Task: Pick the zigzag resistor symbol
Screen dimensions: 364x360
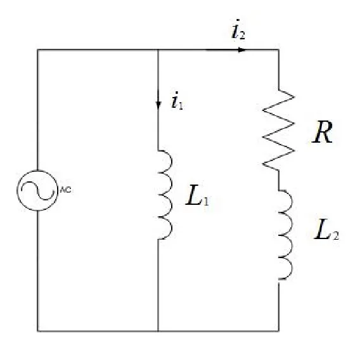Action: tap(279, 129)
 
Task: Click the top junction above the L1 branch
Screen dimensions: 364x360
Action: tap(157, 49)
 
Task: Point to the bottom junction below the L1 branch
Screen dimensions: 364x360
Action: tap(157, 331)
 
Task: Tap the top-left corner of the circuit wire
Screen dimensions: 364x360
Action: tap(37, 49)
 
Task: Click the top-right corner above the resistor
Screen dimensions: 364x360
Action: tap(279, 49)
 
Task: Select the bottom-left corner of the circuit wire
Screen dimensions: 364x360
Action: tap(37, 331)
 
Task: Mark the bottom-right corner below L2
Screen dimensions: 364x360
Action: tap(279, 331)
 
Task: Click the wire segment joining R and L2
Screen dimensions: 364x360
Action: tap(279, 179)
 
